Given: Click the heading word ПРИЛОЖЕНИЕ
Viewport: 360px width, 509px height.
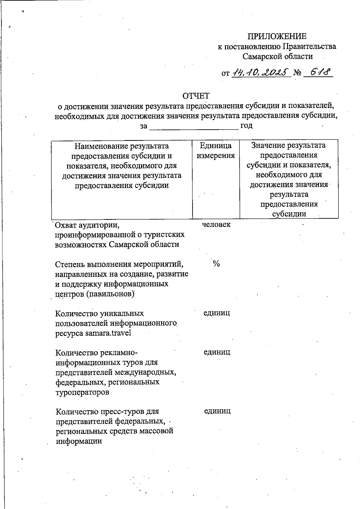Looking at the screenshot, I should pyautogui.click(x=277, y=37).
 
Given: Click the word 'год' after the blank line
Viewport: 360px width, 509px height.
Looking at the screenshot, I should pyautogui.click(x=246, y=126).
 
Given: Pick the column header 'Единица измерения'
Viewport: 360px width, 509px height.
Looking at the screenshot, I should pyautogui.click(x=216, y=151).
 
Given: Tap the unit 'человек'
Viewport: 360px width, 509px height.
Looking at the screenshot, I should pyautogui.click(x=216, y=225).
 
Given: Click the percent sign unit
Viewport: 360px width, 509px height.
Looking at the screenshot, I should pyautogui.click(x=216, y=264).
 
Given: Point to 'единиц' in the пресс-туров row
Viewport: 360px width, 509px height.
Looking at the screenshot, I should pyautogui.click(x=217, y=411).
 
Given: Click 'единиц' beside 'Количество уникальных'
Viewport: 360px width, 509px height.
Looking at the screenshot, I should pyautogui.click(x=217, y=313).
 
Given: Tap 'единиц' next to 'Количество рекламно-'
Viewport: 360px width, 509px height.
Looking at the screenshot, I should pyautogui.click(x=217, y=352).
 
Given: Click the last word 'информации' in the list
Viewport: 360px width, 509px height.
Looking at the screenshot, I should pyautogui.click(x=79, y=441).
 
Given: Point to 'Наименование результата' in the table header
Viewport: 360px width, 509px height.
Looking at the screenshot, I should pyautogui.click(x=121, y=146).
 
